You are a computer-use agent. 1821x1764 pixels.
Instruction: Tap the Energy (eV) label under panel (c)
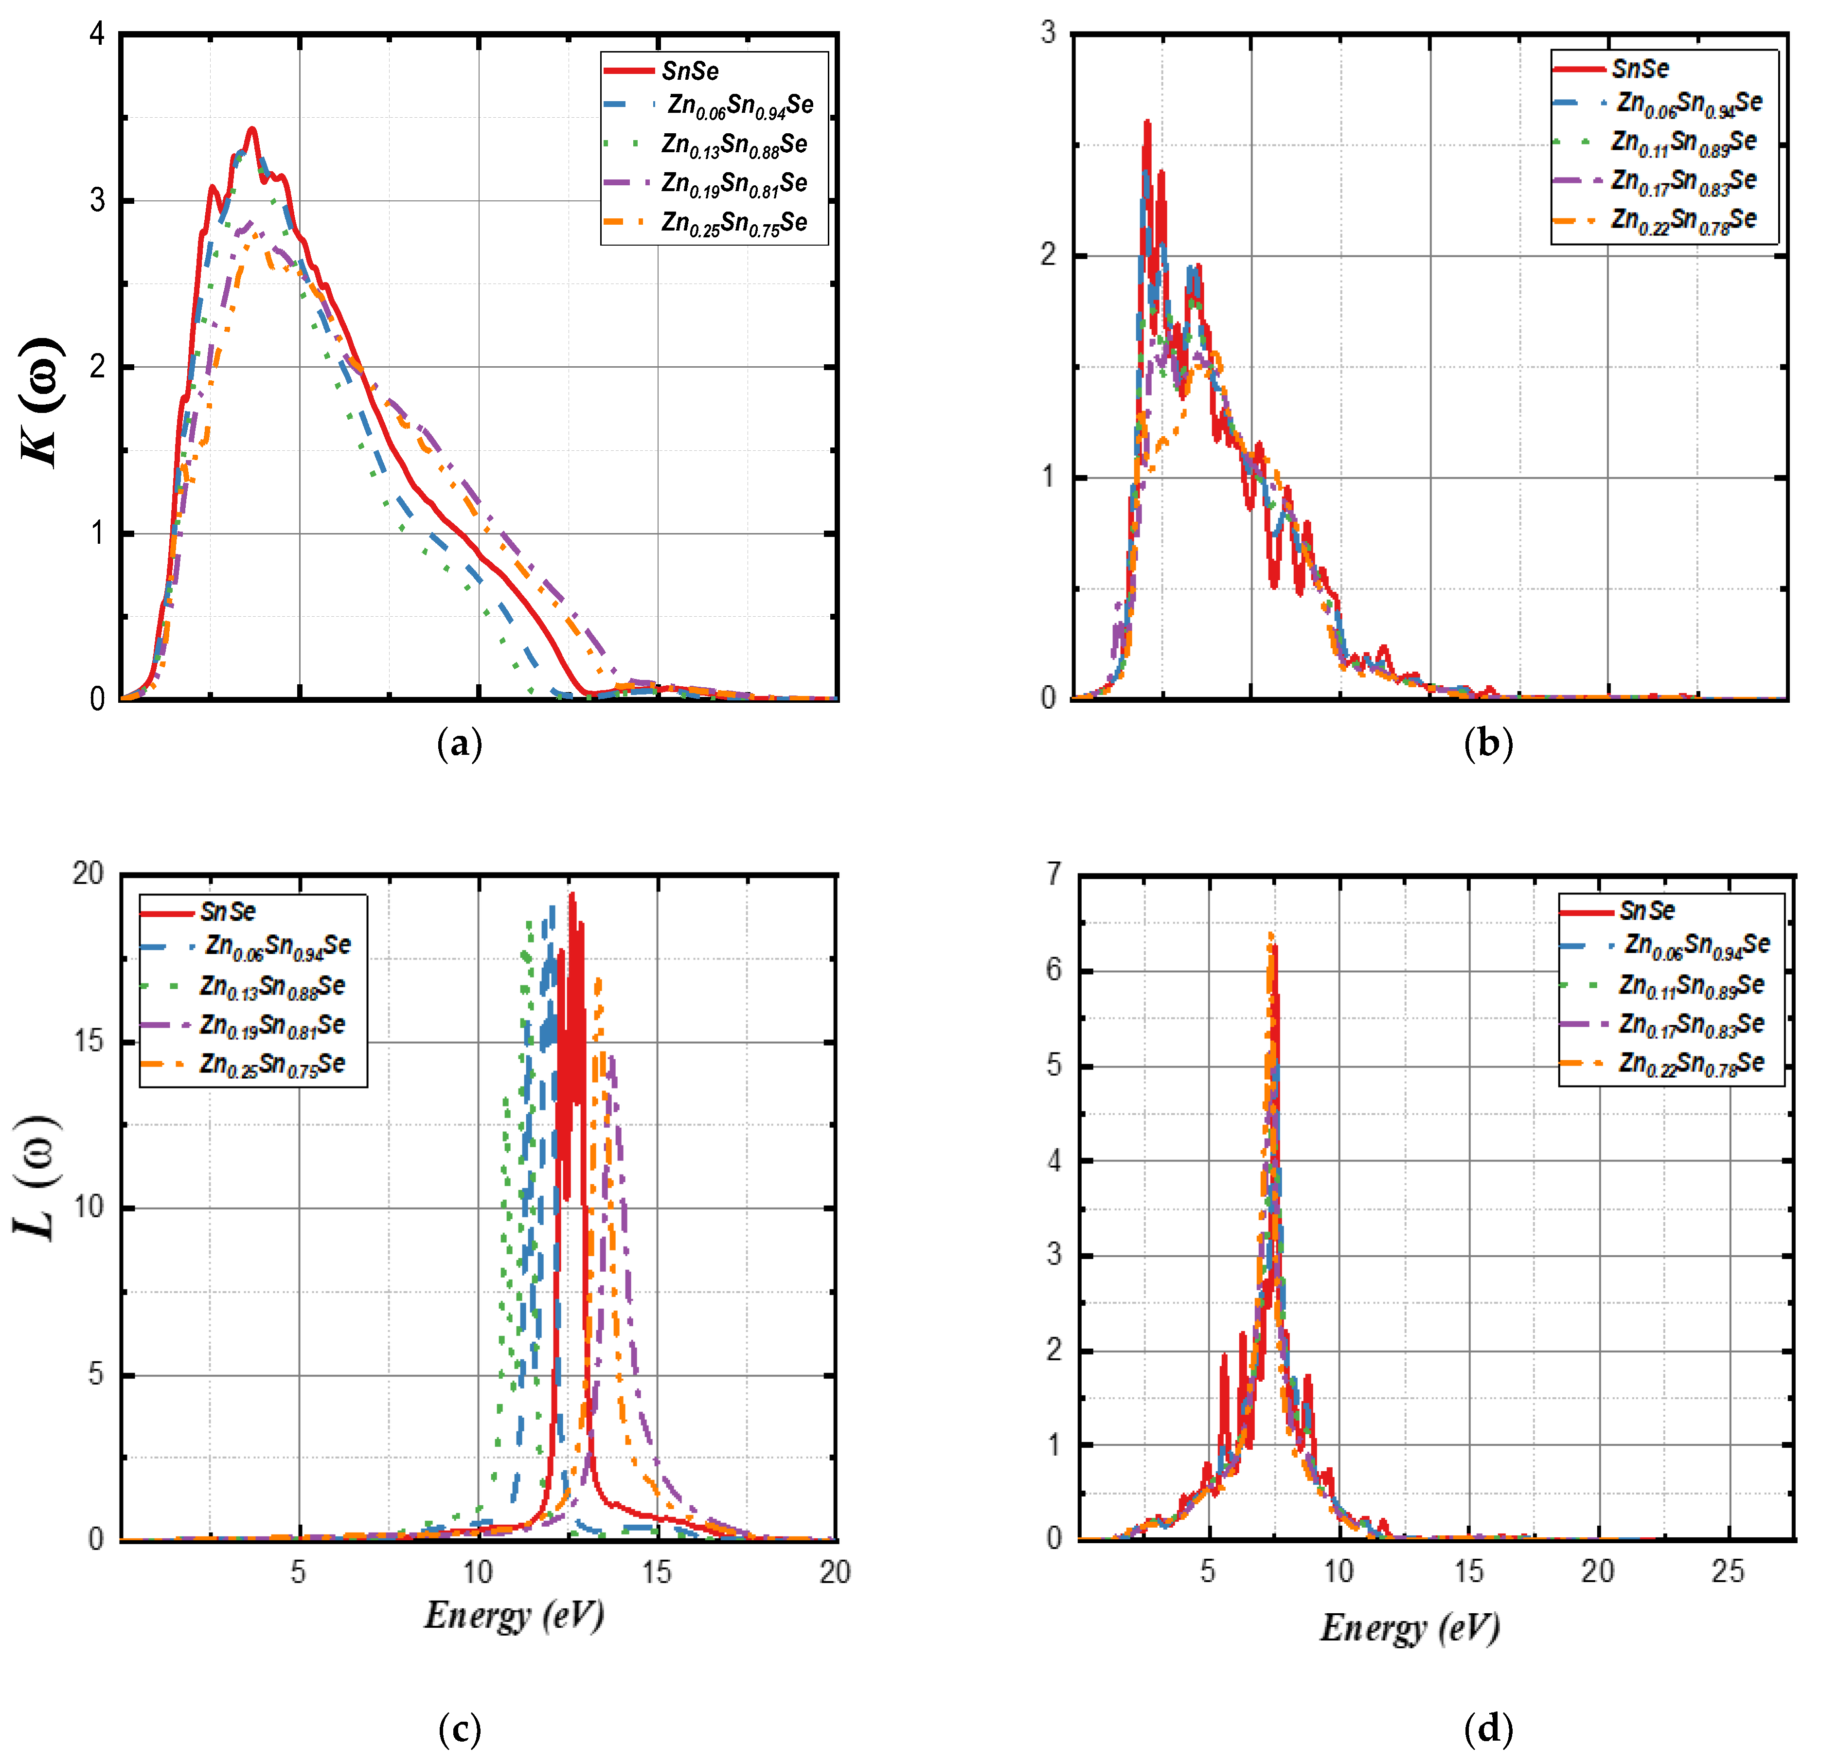click(514, 1614)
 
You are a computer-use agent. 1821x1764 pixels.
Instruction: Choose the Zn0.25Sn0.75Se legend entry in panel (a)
click(734, 223)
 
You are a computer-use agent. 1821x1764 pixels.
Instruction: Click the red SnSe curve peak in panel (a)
click(251, 130)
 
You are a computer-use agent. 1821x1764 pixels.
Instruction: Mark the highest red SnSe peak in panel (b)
click(1147, 123)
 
